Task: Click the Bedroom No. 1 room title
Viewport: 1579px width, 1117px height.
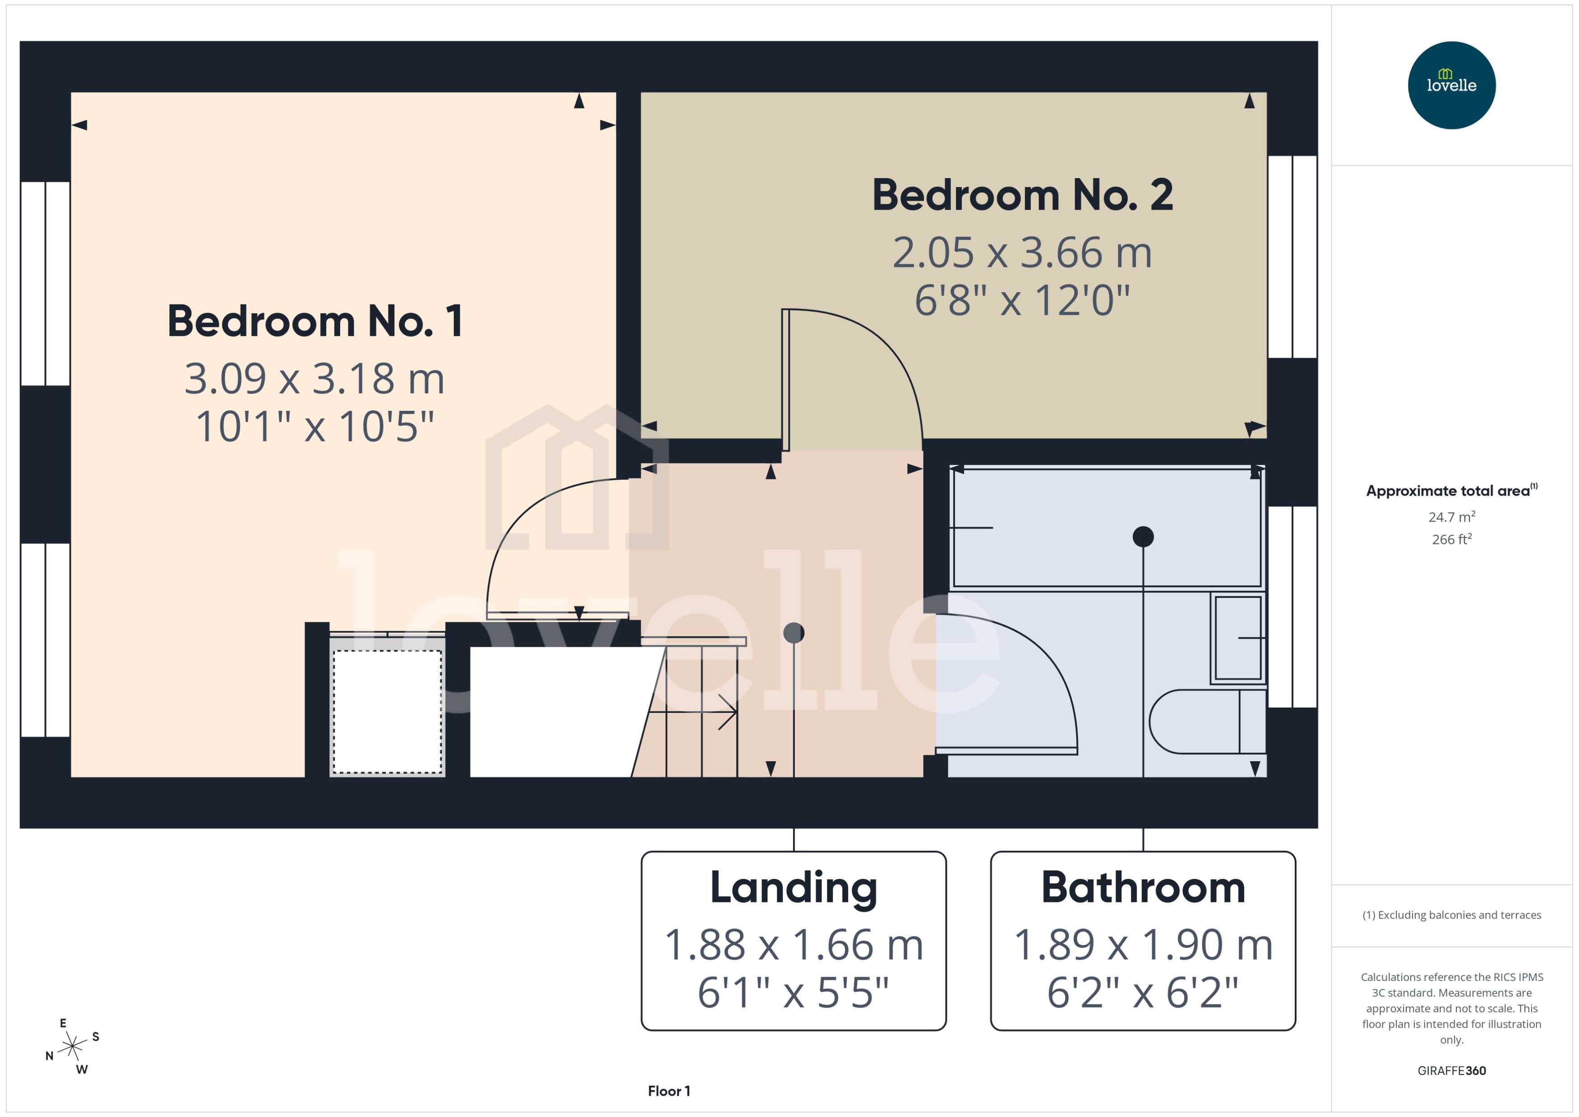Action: point(315,321)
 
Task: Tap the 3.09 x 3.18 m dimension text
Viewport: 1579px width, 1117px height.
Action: point(314,379)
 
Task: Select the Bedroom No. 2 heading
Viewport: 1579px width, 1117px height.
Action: point(1022,195)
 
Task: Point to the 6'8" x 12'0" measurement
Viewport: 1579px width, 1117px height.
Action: point(1022,301)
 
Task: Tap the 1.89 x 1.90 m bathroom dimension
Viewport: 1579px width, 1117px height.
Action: point(1143,945)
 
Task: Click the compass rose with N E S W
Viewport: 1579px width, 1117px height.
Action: point(72,1047)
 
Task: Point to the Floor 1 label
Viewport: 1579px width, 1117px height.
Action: point(669,1091)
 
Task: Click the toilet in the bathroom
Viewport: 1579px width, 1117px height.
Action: point(1204,722)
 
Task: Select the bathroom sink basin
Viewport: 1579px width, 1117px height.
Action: point(1238,638)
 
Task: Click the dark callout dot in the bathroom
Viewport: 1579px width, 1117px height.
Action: point(1143,537)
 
